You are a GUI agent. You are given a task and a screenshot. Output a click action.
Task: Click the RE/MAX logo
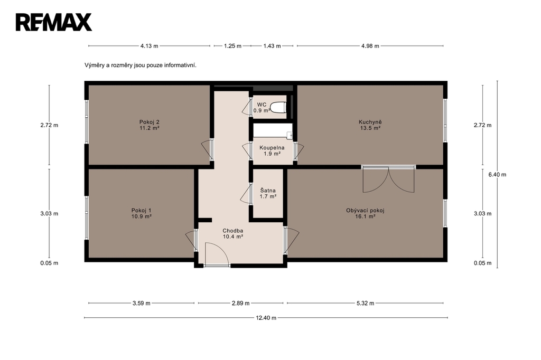pos(54,22)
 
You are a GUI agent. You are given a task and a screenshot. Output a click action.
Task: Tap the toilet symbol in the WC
pos(278,107)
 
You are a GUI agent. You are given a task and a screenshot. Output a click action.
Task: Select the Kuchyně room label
pos(370,125)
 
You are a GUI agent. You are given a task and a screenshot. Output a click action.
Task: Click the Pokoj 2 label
pos(149,125)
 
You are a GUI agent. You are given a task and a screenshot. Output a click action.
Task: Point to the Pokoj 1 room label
pos(141,213)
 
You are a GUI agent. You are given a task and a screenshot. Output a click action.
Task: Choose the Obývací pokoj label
pos(365,213)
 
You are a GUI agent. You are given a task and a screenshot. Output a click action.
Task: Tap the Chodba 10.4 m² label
pos(233,234)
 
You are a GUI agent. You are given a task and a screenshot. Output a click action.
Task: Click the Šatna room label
pos(268,193)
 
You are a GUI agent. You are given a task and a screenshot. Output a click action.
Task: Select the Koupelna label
pos(272,150)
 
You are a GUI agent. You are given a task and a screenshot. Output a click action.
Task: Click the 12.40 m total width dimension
pos(266,318)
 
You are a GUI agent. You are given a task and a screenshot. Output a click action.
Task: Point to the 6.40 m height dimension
pos(497,175)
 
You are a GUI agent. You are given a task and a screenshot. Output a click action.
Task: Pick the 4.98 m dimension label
pos(370,46)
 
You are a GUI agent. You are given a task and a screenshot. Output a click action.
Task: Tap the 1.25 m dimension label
pos(232,46)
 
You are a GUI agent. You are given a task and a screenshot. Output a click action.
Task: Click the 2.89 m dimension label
pos(240,304)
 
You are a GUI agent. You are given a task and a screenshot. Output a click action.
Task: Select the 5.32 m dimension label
pos(365,304)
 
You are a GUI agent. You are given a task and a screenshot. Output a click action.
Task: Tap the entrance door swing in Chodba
pos(217,254)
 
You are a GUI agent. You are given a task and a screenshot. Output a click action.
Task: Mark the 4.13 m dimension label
pos(149,46)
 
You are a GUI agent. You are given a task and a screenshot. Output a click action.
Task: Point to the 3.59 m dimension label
pos(142,304)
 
